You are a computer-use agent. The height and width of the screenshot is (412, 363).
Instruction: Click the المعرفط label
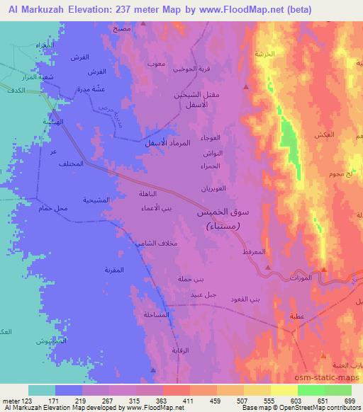[x=255, y=251]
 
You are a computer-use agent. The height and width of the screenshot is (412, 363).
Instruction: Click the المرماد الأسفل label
[x=152, y=144]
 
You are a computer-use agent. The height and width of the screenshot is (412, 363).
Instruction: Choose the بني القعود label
[x=245, y=299]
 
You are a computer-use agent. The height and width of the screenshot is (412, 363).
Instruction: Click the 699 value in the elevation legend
[x=350, y=400]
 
